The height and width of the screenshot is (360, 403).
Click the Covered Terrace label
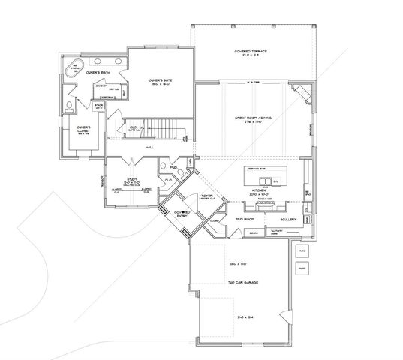click(x=251, y=52)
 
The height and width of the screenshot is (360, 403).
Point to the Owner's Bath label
click(x=98, y=72)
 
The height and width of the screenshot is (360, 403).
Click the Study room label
click(x=131, y=180)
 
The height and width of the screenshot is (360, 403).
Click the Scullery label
click(x=290, y=219)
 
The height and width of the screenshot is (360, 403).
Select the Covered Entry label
click(x=182, y=214)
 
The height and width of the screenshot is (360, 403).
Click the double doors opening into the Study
click(x=132, y=161)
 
